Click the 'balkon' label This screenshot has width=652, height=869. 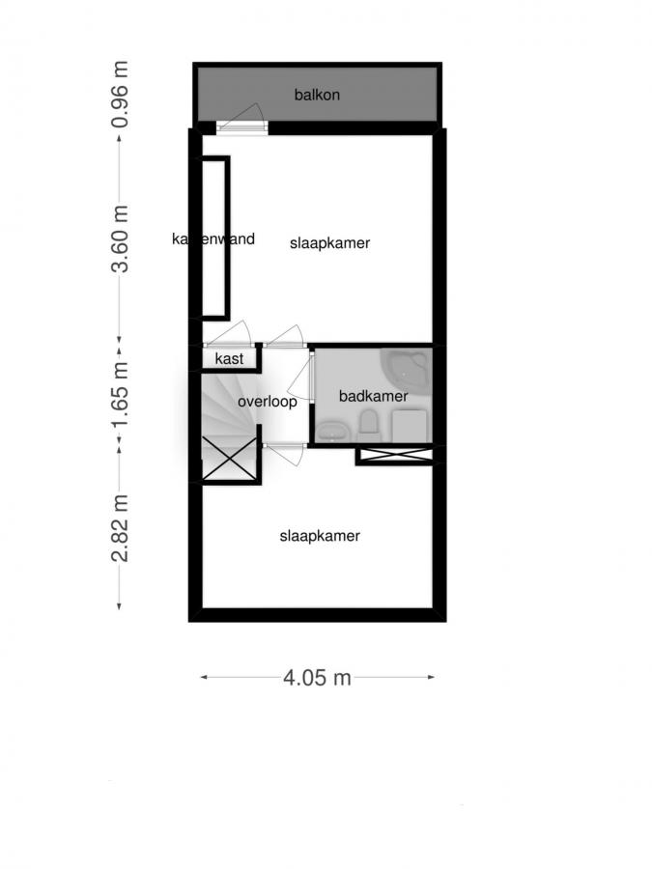tap(317, 95)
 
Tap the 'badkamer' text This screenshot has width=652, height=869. tap(373, 396)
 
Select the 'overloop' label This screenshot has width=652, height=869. tap(267, 402)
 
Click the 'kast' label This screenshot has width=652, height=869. tap(229, 359)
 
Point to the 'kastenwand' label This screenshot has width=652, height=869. tap(213, 238)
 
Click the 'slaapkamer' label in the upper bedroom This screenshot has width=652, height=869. tap(330, 243)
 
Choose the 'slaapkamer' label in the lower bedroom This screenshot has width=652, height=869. tap(320, 536)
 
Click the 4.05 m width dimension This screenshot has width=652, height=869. tap(317, 678)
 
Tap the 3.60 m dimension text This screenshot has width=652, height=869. tap(121, 238)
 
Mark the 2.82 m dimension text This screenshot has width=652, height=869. tap(121, 526)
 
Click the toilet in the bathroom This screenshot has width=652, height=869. tap(368, 423)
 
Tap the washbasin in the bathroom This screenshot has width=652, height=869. tap(332, 431)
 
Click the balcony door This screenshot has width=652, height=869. tap(241, 124)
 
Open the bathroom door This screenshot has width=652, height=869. tap(310, 377)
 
